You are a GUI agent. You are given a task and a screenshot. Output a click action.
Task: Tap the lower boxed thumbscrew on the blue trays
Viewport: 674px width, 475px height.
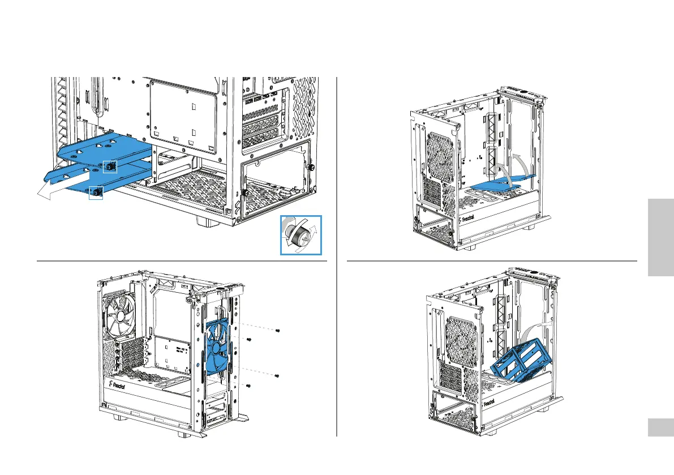pyautogui.click(x=96, y=192)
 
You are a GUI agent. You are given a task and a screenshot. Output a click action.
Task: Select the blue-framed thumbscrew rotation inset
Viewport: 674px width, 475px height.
pyautogui.click(x=300, y=234)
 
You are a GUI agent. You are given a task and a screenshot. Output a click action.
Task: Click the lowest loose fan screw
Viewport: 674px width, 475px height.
pyautogui.click(x=249, y=386)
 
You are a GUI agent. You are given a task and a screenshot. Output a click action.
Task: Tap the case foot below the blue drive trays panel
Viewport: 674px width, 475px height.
pyautogui.click(x=207, y=221)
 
